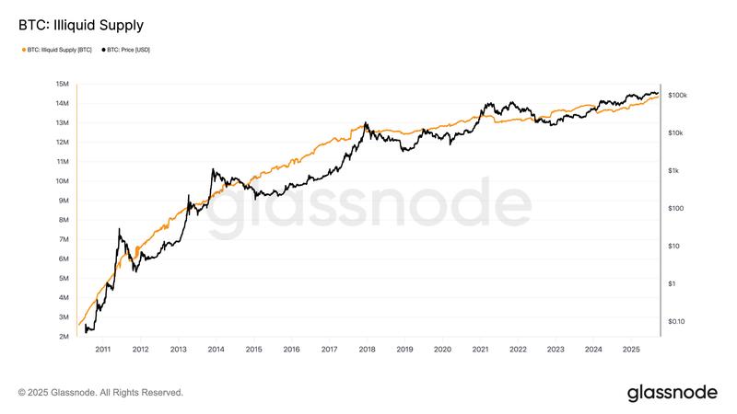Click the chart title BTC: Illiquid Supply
[x=81, y=24]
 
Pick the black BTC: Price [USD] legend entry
[x=127, y=50]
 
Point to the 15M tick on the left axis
[x=63, y=84]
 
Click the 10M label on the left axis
[x=63, y=181]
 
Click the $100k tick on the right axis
[x=678, y=96]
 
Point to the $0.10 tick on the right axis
[x=676, y=321]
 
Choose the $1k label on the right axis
[x=674, y=171]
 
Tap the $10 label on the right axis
[x=673, y=246]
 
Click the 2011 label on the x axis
[x=102, y=350]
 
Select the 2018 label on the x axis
[x=367, y=350]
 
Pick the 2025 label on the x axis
[x=631, y=350]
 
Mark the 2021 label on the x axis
[x=480, y=350]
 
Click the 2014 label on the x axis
[x=216, y=350]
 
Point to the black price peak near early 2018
[x=366, y=123]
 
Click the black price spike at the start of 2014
[x=213, y=169]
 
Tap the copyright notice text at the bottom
[x=100, y=393]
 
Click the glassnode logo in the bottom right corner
[x=672, y=393]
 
